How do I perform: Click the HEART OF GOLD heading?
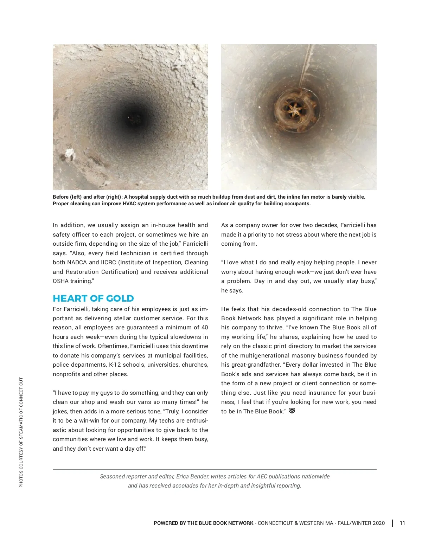[x=93, y=298]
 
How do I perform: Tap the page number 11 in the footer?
[x=402, y=523]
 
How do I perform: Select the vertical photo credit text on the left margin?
[x=21, y=432]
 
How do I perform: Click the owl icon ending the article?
[x=292, y=411]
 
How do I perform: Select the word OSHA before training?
[x=60, y=281]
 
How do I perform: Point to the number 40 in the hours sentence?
[x=204, y=327]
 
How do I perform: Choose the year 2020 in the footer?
[x=378, y=523]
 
